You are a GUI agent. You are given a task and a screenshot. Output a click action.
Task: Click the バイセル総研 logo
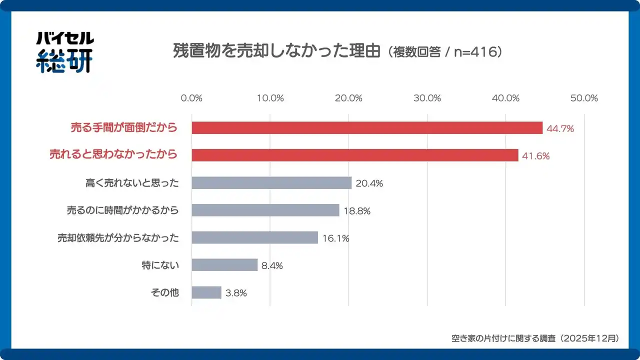[x=64, y=52]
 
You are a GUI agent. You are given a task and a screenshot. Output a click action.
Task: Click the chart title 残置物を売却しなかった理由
[x=276, y=52]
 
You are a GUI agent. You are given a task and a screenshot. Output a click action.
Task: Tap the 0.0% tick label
[x=191, y=98]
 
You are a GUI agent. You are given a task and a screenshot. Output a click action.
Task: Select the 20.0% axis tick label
[x=348, y=98]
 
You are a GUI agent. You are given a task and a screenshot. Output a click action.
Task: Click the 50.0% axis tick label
[x=584, y=98]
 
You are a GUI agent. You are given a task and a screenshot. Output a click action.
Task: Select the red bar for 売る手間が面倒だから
[x=367, y=128]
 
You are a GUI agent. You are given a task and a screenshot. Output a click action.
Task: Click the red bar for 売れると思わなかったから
[x=355, y=155]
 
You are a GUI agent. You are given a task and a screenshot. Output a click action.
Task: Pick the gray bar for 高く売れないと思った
[x=271, y=183]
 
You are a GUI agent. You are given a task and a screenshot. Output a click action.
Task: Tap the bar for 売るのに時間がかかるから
[x=265, y=210]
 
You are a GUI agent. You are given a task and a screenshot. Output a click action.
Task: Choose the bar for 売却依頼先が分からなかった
[x=255, y=237]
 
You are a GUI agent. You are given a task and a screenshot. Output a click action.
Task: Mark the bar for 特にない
[x=224, y=265]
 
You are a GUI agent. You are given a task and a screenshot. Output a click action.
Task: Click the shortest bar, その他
[x=206, y=292]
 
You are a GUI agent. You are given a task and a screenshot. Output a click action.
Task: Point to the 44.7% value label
[x=560, y=128]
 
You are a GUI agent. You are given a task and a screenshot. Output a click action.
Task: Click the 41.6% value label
[x=535, y=156]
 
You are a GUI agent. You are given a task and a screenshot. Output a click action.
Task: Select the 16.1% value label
[x=335, y=238]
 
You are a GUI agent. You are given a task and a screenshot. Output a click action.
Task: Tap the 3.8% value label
[x=236, y=293]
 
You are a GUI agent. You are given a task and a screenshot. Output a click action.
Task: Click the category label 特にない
[x=160, y=265]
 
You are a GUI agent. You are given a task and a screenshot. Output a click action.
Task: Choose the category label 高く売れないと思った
[x=132, y=183]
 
